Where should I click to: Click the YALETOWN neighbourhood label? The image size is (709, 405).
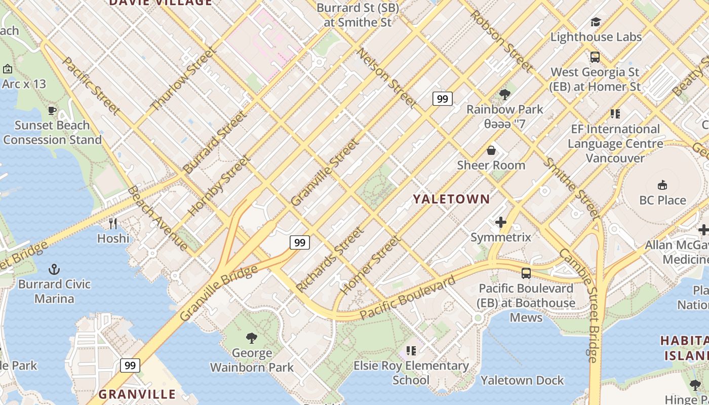451,199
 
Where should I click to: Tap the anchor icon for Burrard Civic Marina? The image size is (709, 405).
54,269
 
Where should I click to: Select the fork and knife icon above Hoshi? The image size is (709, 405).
113,223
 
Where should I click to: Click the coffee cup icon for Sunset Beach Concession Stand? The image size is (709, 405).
52,110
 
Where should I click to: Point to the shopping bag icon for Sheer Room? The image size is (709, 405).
491,150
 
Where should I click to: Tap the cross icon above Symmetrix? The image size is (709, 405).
501,222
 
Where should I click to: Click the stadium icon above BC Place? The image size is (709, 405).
662,185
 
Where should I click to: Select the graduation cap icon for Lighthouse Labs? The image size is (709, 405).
596,22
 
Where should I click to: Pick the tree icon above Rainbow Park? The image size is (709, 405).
504,94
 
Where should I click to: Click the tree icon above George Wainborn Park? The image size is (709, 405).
251,338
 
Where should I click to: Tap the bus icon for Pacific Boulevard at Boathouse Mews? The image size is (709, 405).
526,273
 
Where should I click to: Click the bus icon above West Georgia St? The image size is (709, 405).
595,57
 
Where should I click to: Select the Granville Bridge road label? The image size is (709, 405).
219,293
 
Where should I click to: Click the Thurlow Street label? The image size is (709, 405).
183,78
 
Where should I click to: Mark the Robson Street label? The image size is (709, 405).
500,40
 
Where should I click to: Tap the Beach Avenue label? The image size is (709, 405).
157,218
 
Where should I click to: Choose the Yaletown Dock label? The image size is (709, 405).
522,380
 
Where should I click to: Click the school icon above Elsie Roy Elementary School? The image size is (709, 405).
411,350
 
